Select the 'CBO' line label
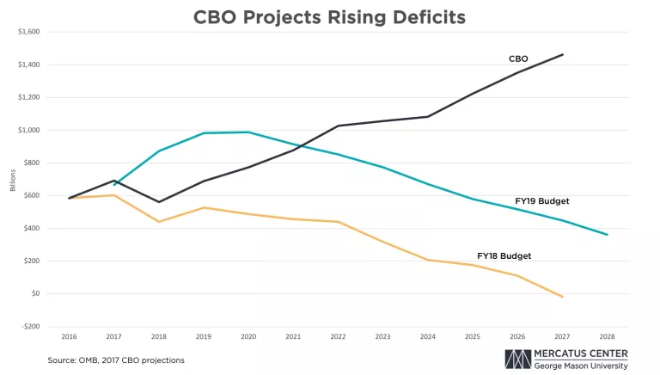(518, 59)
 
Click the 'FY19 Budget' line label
(542, 201)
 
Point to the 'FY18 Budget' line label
(504, 255)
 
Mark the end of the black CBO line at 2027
(563, 54)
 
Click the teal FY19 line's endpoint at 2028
(607, 235)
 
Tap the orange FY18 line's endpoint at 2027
(563, 297)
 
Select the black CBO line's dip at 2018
(160, 202)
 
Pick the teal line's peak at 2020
(249, 132)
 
